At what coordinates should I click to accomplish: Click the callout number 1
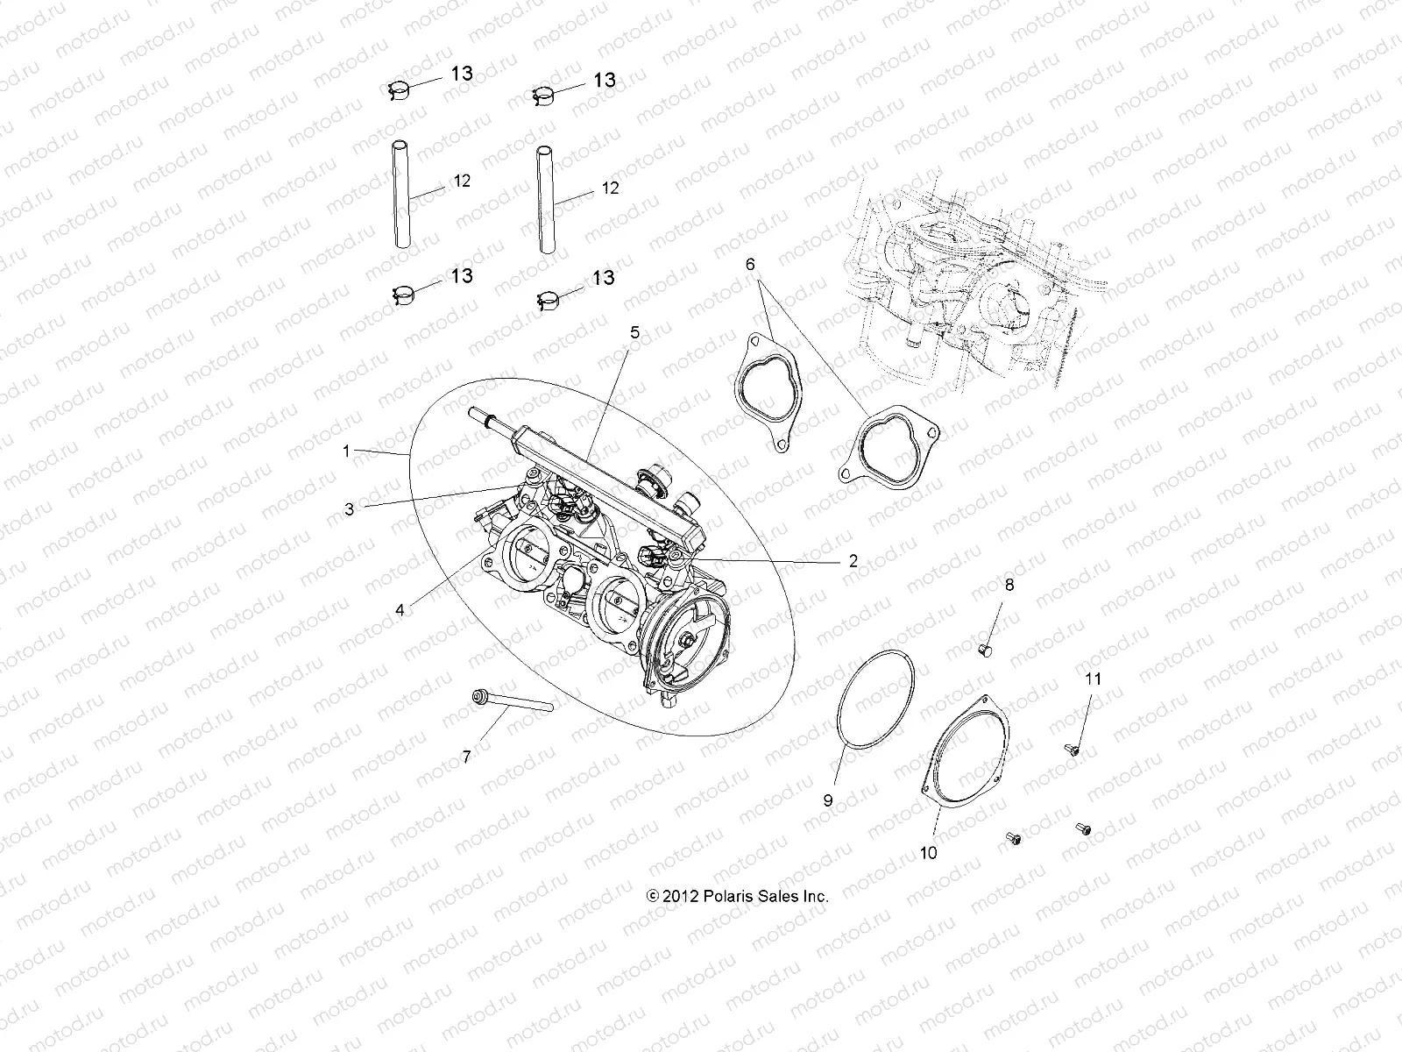click(346, 451)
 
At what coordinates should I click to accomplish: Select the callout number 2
click(853, 562)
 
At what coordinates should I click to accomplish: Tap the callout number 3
click(349, 508)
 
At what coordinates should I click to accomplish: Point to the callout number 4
click(400, 609)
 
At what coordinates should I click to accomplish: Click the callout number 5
click(634, 332)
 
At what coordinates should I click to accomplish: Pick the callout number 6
click(750, 264)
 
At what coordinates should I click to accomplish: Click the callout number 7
click(466, 757)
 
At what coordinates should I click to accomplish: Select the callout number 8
click(1009, 585)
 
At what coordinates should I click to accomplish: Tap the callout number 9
click(827, 800)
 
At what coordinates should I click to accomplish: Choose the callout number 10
click(929, 852)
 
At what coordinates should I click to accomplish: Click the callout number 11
click(1093, 679)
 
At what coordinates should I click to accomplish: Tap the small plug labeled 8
click(983, 650)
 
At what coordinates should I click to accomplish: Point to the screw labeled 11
click(1069, 749)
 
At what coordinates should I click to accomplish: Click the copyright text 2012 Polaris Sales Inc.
click(737, 896)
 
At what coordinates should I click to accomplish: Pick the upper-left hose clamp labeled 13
click(400, 88)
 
